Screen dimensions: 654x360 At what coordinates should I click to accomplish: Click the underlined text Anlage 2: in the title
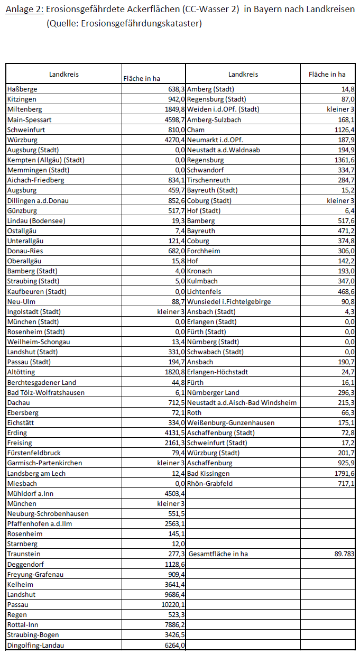point(24,10)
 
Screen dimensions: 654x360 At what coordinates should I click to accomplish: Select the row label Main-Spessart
point(29,119)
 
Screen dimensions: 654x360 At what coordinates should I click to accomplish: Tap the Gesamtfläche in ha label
point(218,554)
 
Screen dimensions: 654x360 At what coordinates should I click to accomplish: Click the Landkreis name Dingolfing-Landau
point(37,645)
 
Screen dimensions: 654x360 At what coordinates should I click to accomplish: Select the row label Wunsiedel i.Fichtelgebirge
point(229,301)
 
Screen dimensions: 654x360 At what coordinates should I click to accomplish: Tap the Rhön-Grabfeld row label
point(209,483)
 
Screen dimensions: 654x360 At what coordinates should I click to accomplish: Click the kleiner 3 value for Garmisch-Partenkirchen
point(171,463)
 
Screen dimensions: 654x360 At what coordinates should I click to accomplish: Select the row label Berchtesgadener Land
point(42,382)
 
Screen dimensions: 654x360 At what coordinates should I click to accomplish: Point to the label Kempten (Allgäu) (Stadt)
point(46,160)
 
